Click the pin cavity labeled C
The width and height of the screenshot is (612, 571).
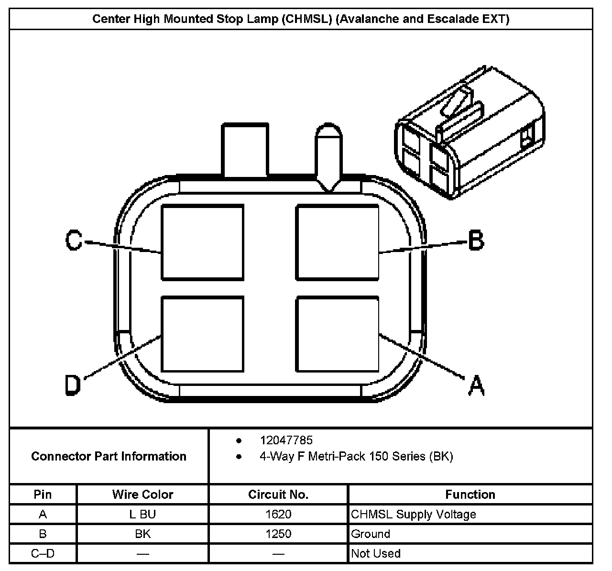point(202,242)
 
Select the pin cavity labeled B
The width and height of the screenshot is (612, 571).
point(338,242)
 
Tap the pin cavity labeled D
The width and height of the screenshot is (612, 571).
point(202,334)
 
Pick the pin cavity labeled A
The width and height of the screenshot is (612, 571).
point(338,334)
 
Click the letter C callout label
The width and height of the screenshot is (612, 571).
point(74,241)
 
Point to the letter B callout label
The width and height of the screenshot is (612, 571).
point(475,240)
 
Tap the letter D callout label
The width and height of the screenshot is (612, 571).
point(73,385)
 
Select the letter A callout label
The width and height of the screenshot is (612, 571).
point(476,385)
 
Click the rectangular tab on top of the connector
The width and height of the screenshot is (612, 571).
point(244,150)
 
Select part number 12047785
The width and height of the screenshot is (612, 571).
point(286,440)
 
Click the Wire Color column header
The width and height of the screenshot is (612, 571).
point(142,494)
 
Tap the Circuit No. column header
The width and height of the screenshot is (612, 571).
point(278,494)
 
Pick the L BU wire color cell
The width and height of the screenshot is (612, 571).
point(142,515)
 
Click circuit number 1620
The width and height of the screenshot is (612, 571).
point(278,515)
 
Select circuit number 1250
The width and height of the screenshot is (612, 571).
point(278,534)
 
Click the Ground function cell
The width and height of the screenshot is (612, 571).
point(371,534)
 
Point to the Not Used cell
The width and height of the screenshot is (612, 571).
point(376,554)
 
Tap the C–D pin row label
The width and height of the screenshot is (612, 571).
point(43,554)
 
